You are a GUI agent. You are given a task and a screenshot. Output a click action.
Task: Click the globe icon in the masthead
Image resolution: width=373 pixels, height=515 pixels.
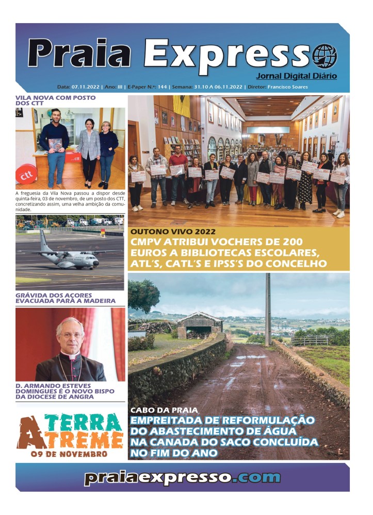325,56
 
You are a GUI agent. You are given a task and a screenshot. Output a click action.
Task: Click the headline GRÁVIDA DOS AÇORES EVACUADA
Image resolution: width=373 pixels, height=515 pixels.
65,298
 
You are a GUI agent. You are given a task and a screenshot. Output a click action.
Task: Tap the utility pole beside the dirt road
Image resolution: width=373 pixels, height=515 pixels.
268,309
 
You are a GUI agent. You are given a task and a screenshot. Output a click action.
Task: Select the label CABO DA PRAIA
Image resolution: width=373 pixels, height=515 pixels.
164,410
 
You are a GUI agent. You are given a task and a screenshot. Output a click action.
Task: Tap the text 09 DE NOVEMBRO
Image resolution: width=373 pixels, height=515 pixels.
69,454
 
